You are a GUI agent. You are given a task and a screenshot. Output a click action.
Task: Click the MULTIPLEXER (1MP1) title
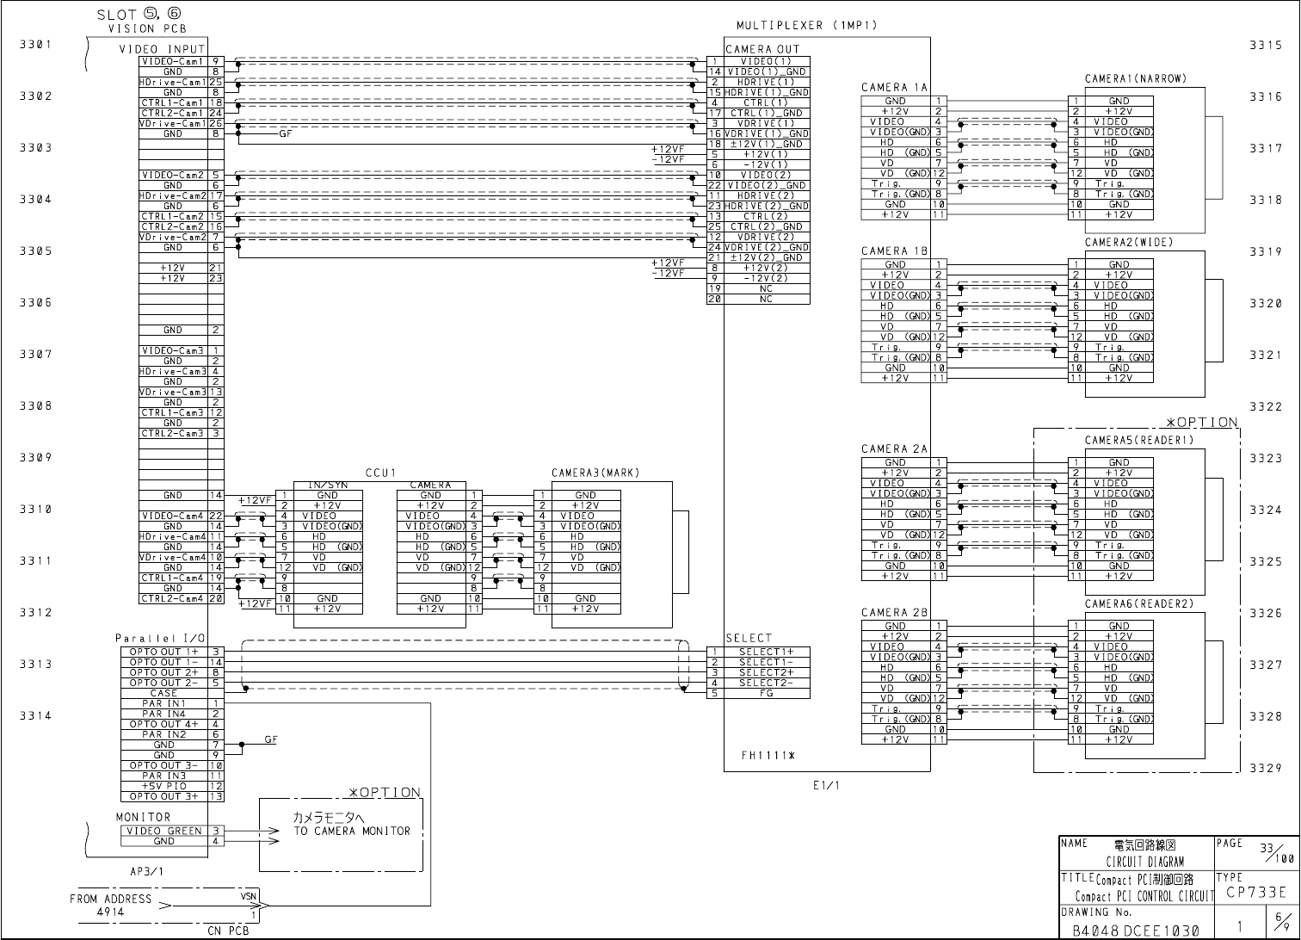click(806, 26)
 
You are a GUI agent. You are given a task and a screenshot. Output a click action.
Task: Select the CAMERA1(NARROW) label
click(1135, 79)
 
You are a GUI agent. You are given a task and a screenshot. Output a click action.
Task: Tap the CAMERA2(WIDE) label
click(1128, 243)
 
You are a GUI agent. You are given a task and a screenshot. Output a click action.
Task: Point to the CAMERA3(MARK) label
click(595, 473)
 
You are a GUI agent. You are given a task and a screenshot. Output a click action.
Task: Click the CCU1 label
click(379, 473)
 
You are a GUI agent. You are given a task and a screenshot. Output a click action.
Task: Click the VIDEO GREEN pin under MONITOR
click(164, 831)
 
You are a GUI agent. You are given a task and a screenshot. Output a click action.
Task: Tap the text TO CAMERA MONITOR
click(351, 831)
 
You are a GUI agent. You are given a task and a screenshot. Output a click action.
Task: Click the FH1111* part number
click(768, 756)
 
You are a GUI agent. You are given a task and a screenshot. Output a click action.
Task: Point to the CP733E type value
click(1257, 892)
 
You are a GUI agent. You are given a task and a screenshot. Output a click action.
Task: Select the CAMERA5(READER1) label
click(1138, 441)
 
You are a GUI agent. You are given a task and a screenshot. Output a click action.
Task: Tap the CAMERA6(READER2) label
click(1138, 604)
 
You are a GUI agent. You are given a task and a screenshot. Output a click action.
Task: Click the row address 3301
click(36, 45)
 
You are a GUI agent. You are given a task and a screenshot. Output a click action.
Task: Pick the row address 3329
click(1266, 768)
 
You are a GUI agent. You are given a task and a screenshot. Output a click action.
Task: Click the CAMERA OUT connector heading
click(762, 49)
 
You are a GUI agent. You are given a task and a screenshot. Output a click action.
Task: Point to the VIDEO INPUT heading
click(162, 49)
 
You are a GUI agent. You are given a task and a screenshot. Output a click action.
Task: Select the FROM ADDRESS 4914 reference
click(110, 904)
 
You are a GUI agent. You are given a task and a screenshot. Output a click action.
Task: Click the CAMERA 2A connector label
click(894, 449)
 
